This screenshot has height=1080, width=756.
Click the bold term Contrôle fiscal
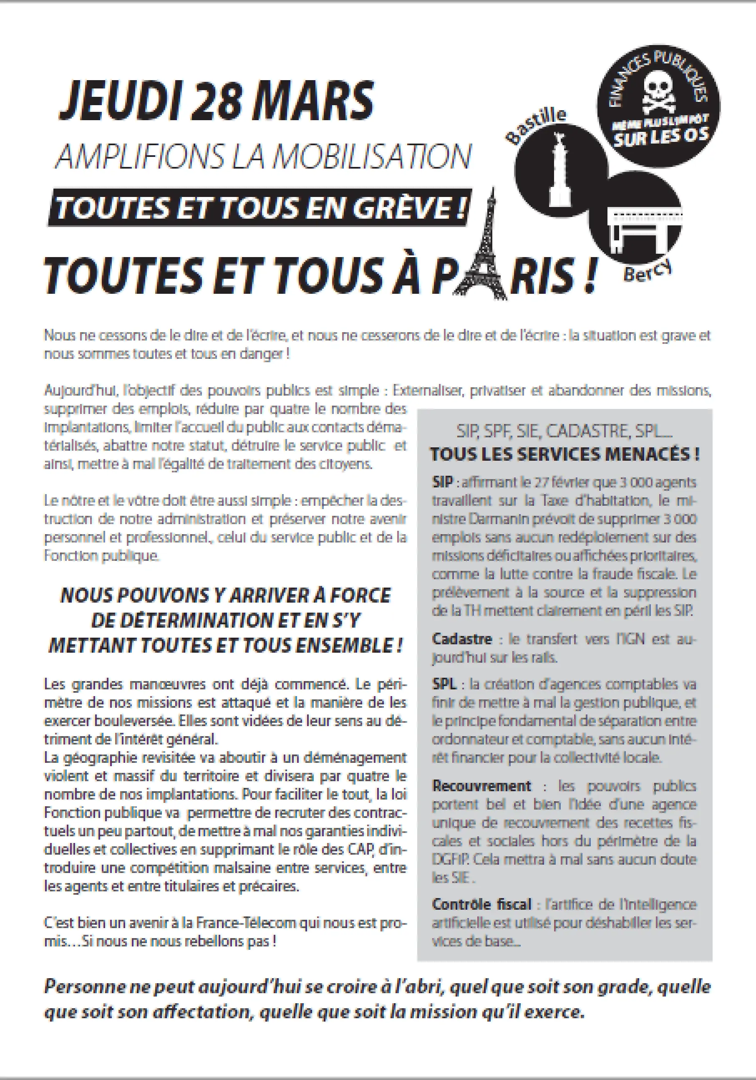[x=481, y=904]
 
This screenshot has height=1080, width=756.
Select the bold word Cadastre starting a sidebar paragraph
[x=462, y=639]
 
